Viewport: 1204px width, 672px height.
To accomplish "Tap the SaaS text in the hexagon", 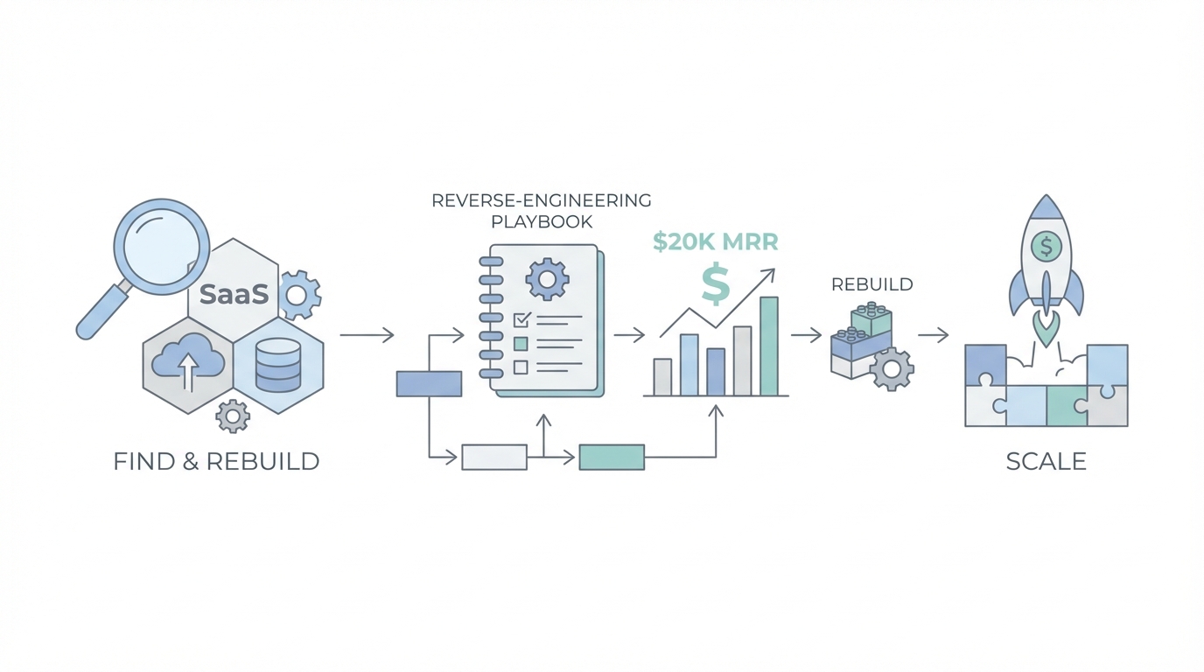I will click(x=234, y=294).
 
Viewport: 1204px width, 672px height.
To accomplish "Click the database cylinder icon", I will click(x=278, y=366).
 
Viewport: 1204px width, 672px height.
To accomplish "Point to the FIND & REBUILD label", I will click(x=216, y=461).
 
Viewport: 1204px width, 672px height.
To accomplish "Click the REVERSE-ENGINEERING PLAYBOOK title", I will click(x=542, y=211).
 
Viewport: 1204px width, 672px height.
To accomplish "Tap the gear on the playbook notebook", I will click(x=547, y=280).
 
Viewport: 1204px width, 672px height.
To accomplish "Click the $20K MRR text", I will click(x=715, y=242).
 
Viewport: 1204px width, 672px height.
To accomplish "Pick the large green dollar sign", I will click(x=716, y=285).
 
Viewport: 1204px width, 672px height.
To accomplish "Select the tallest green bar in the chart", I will click(x=769, y=346).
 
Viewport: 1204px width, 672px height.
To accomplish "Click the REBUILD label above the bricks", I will click(x=871, y=285).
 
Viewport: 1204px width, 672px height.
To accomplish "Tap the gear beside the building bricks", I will click(x=892, y=369).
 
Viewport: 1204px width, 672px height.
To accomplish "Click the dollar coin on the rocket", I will click(x=1046, y=248).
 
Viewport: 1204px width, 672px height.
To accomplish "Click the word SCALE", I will click(x=1046, y=461).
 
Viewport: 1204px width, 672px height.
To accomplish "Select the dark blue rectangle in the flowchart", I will click(x=429, y=384).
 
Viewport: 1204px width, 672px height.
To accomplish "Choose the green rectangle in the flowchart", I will click(x=612, y=457).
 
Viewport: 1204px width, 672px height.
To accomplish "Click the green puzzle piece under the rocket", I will click(x=1067, y=406).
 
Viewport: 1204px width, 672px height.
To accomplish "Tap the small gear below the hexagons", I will click(x=232, y=416).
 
